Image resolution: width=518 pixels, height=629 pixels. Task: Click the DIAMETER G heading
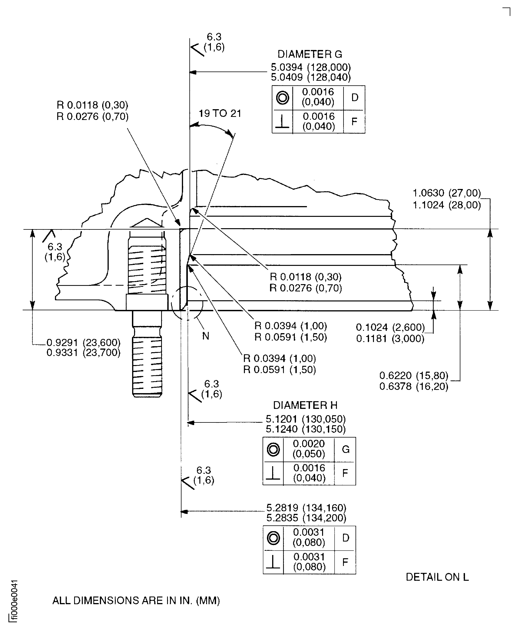(310, 54)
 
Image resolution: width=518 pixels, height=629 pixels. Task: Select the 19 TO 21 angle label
(220, 113)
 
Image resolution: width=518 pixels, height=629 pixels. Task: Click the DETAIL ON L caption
(437, 577)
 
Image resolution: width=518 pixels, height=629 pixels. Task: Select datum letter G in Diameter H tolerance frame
(346, 449)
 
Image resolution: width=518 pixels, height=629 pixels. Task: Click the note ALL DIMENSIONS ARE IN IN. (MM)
(136, 600)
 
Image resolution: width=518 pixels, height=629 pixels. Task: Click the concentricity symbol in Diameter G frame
(282, 98)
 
